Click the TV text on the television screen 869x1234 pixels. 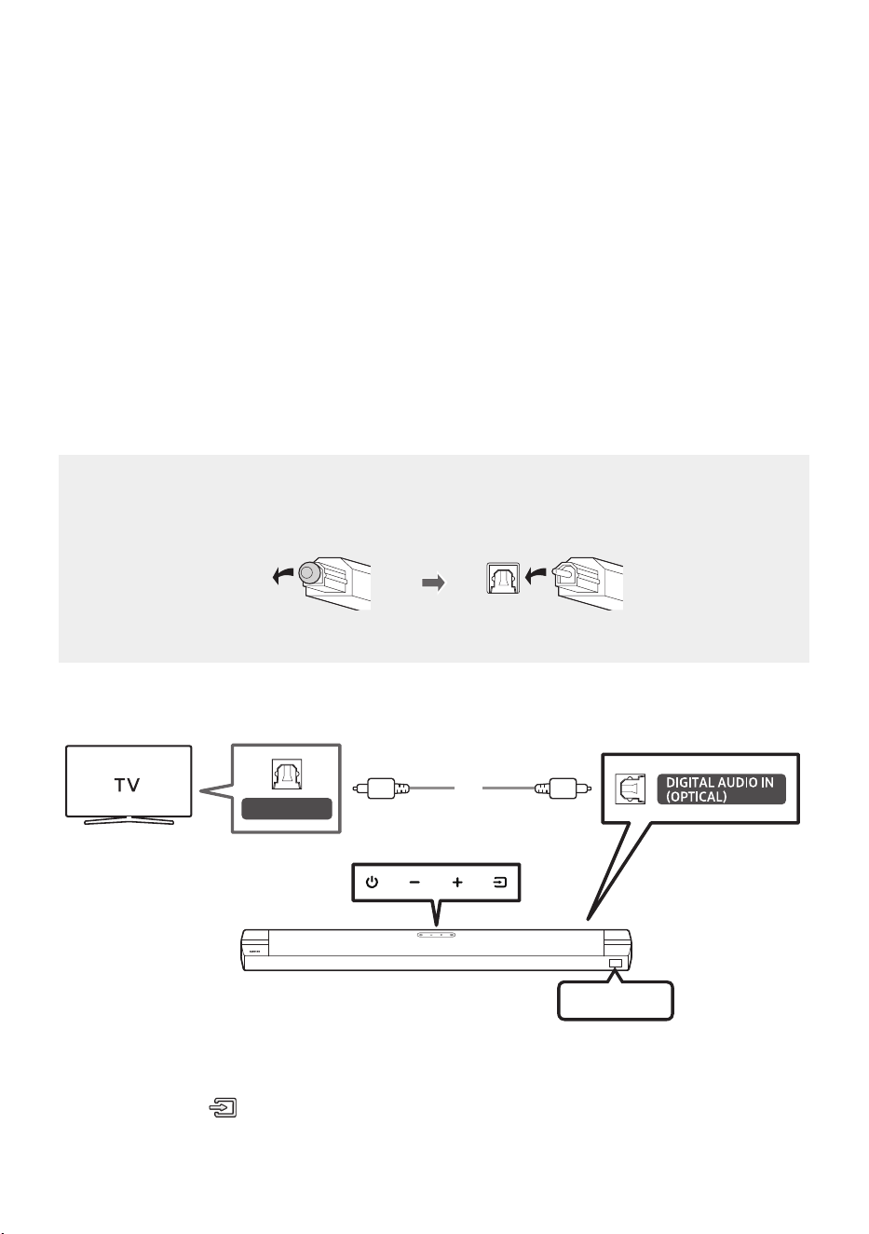tap(127, 785)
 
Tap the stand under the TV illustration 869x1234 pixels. tap(129, 820)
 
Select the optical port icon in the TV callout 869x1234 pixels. tap(286, 774)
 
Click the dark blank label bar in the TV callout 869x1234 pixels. tap(286, 809)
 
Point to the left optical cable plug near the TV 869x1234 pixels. tap(381, 788)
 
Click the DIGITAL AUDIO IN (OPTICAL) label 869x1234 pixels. tap(721, 789)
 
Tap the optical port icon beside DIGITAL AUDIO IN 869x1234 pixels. tap(630, 788)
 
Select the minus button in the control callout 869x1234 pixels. tap(414, 882)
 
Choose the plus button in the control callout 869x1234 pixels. tap(457, 882)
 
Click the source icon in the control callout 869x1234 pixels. tap(499, 882)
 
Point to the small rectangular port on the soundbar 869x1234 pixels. tap(616, 963)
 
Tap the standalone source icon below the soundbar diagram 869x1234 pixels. tap(223, 1107)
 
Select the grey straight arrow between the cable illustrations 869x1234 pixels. tap(433, 583)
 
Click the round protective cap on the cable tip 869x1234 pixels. tap(309, 573)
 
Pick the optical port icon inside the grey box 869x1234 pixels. tap(503, 578)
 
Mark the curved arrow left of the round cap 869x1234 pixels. tap(283, 576)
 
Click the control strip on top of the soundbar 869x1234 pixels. tap(436, 934)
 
